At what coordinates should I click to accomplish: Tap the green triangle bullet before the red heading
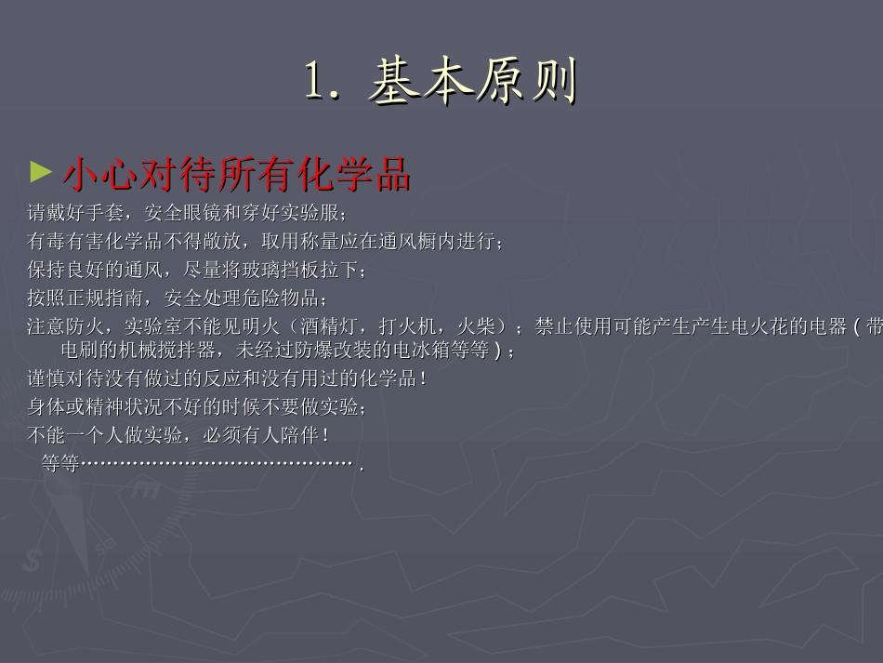coord(40,171)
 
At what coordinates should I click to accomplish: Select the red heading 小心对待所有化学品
coord(236,173)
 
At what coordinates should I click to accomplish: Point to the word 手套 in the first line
coord(105,213)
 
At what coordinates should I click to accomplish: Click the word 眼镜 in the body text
coord(203,213)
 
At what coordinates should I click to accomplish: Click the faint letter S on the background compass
coord(33,560)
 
